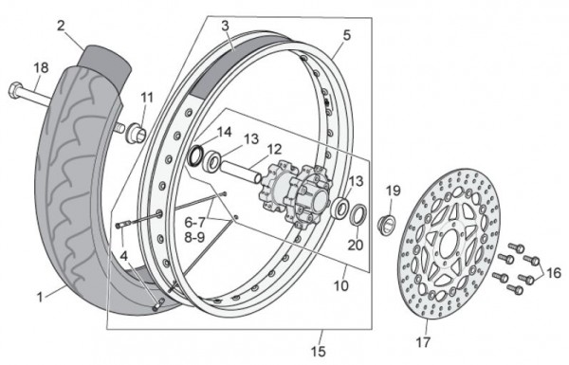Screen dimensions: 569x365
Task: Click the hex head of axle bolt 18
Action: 15,90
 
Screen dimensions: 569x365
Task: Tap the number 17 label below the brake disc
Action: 423,342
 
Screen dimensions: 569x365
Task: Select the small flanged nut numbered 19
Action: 387,225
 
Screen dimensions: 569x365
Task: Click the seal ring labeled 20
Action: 358,215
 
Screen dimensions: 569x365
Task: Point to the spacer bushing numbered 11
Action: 136,133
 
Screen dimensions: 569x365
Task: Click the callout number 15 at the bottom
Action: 318,352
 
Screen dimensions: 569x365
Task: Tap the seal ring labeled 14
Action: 196,156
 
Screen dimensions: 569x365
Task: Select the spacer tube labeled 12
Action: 240,173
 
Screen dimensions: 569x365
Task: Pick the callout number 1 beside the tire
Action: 40,298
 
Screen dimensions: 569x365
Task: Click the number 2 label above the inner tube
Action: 61,26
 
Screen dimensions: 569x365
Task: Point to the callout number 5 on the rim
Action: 346,36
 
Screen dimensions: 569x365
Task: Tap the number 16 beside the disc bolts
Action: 553,273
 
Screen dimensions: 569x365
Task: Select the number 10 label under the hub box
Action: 341,286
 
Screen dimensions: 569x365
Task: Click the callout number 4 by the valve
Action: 124,257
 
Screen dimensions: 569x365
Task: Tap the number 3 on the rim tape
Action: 225,26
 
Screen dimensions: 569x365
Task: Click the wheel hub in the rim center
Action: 295,193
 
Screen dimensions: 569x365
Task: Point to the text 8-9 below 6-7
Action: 194,237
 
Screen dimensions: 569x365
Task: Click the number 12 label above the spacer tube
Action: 274,149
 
